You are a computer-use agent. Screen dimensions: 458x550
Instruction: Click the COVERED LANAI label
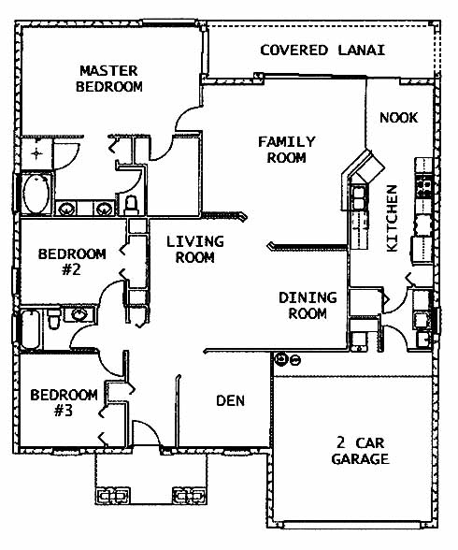pyautogui.click(x=322, y=51)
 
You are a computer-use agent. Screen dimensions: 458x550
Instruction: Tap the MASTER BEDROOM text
pyautogui.click(x=109, y=79)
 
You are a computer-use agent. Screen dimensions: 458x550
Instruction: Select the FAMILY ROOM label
pyautogui.click(x=287, y=150)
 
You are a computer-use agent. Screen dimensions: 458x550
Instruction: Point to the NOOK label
pyautogui.click(x=399, y=118)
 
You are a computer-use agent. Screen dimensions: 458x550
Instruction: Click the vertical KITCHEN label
pyautogui.click(x=393, y=218)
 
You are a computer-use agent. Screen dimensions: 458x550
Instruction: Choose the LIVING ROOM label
pyautogui.click(x=194, y=250)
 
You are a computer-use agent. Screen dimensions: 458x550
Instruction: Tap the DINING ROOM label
pyautogui.click(x=308, y=305)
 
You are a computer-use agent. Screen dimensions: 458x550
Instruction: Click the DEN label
pyautogui.click(x=230, y=400)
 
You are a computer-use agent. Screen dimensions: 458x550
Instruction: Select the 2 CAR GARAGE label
pyautogui.click(x=360, y=451)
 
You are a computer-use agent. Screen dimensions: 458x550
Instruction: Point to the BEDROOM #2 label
pyautogui.click(x=72, y=262)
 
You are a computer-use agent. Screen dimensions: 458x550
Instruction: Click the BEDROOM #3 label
pyautogui.click(x=64, y=402)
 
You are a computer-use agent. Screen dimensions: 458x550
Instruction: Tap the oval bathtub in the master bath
pyautogui.click(x=36, y=194)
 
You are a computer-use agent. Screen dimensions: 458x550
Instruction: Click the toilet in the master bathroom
pyautogui.click(x=131, y=205)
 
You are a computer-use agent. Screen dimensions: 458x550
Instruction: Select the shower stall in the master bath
pyautogui.click(x=36, y=153)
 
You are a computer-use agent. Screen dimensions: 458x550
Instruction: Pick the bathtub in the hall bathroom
pyautogui.click(x=31, y=329)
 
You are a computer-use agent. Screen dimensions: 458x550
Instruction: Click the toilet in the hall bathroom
pyautogui.click(x=53, y=318)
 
